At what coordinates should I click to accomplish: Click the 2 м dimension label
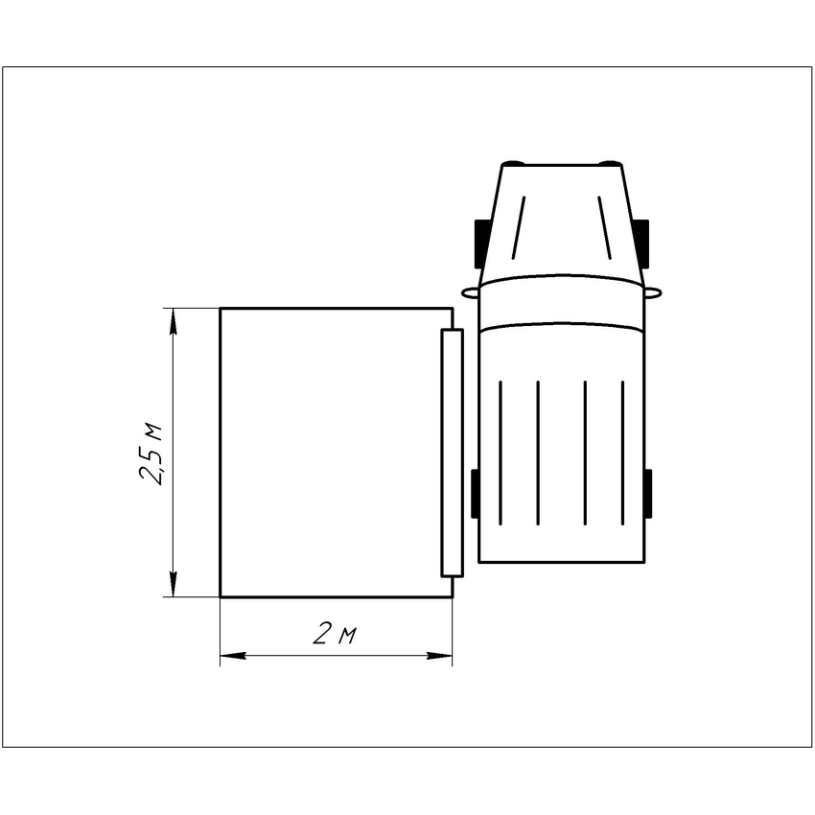tap(336, 634)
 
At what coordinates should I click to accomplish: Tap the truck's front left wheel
tap(480, 244)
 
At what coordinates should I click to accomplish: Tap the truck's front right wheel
tap(643, 244)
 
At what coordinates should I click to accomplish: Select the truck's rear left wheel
tap(475, 493)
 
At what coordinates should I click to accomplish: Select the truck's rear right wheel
tap(647, 493)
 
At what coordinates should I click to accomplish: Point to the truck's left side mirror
tap(470, 293)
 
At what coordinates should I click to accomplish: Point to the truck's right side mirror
tap(653, 293)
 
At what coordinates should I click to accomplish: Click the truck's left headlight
tap(513, 163)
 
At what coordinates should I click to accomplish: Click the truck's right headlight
tap(610, 163)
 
